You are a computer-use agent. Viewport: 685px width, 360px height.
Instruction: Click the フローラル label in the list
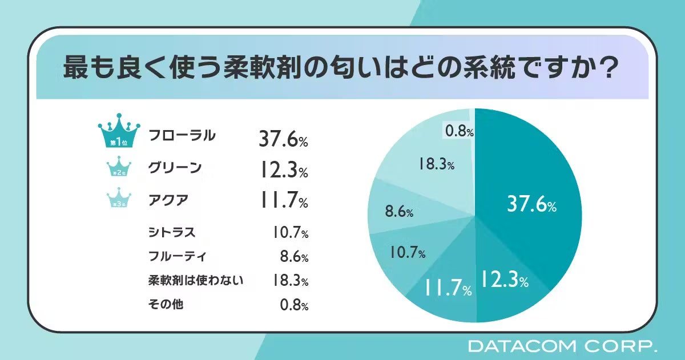[182, 136]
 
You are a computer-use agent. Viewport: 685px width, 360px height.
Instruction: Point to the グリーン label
[175, 168]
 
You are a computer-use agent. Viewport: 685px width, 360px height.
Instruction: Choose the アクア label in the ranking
[168, 200]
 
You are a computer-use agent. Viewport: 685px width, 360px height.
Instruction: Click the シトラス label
[171, 232]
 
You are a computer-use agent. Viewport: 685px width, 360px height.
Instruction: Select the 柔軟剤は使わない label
[195, 281]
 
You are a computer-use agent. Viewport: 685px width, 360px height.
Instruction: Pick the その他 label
[165, 305]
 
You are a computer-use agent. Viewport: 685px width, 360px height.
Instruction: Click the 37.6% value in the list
[283, 139]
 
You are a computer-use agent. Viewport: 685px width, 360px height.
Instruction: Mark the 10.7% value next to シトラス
[289, 233]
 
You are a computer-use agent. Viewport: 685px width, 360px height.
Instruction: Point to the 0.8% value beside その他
[293, 305]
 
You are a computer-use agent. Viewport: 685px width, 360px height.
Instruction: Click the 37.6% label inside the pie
[531, 205]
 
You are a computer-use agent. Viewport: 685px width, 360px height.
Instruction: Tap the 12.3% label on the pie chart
[503, 280]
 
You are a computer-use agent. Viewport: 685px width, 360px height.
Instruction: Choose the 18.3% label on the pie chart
[435, 165]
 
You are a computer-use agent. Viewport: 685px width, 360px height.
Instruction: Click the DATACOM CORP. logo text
[562, 345]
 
